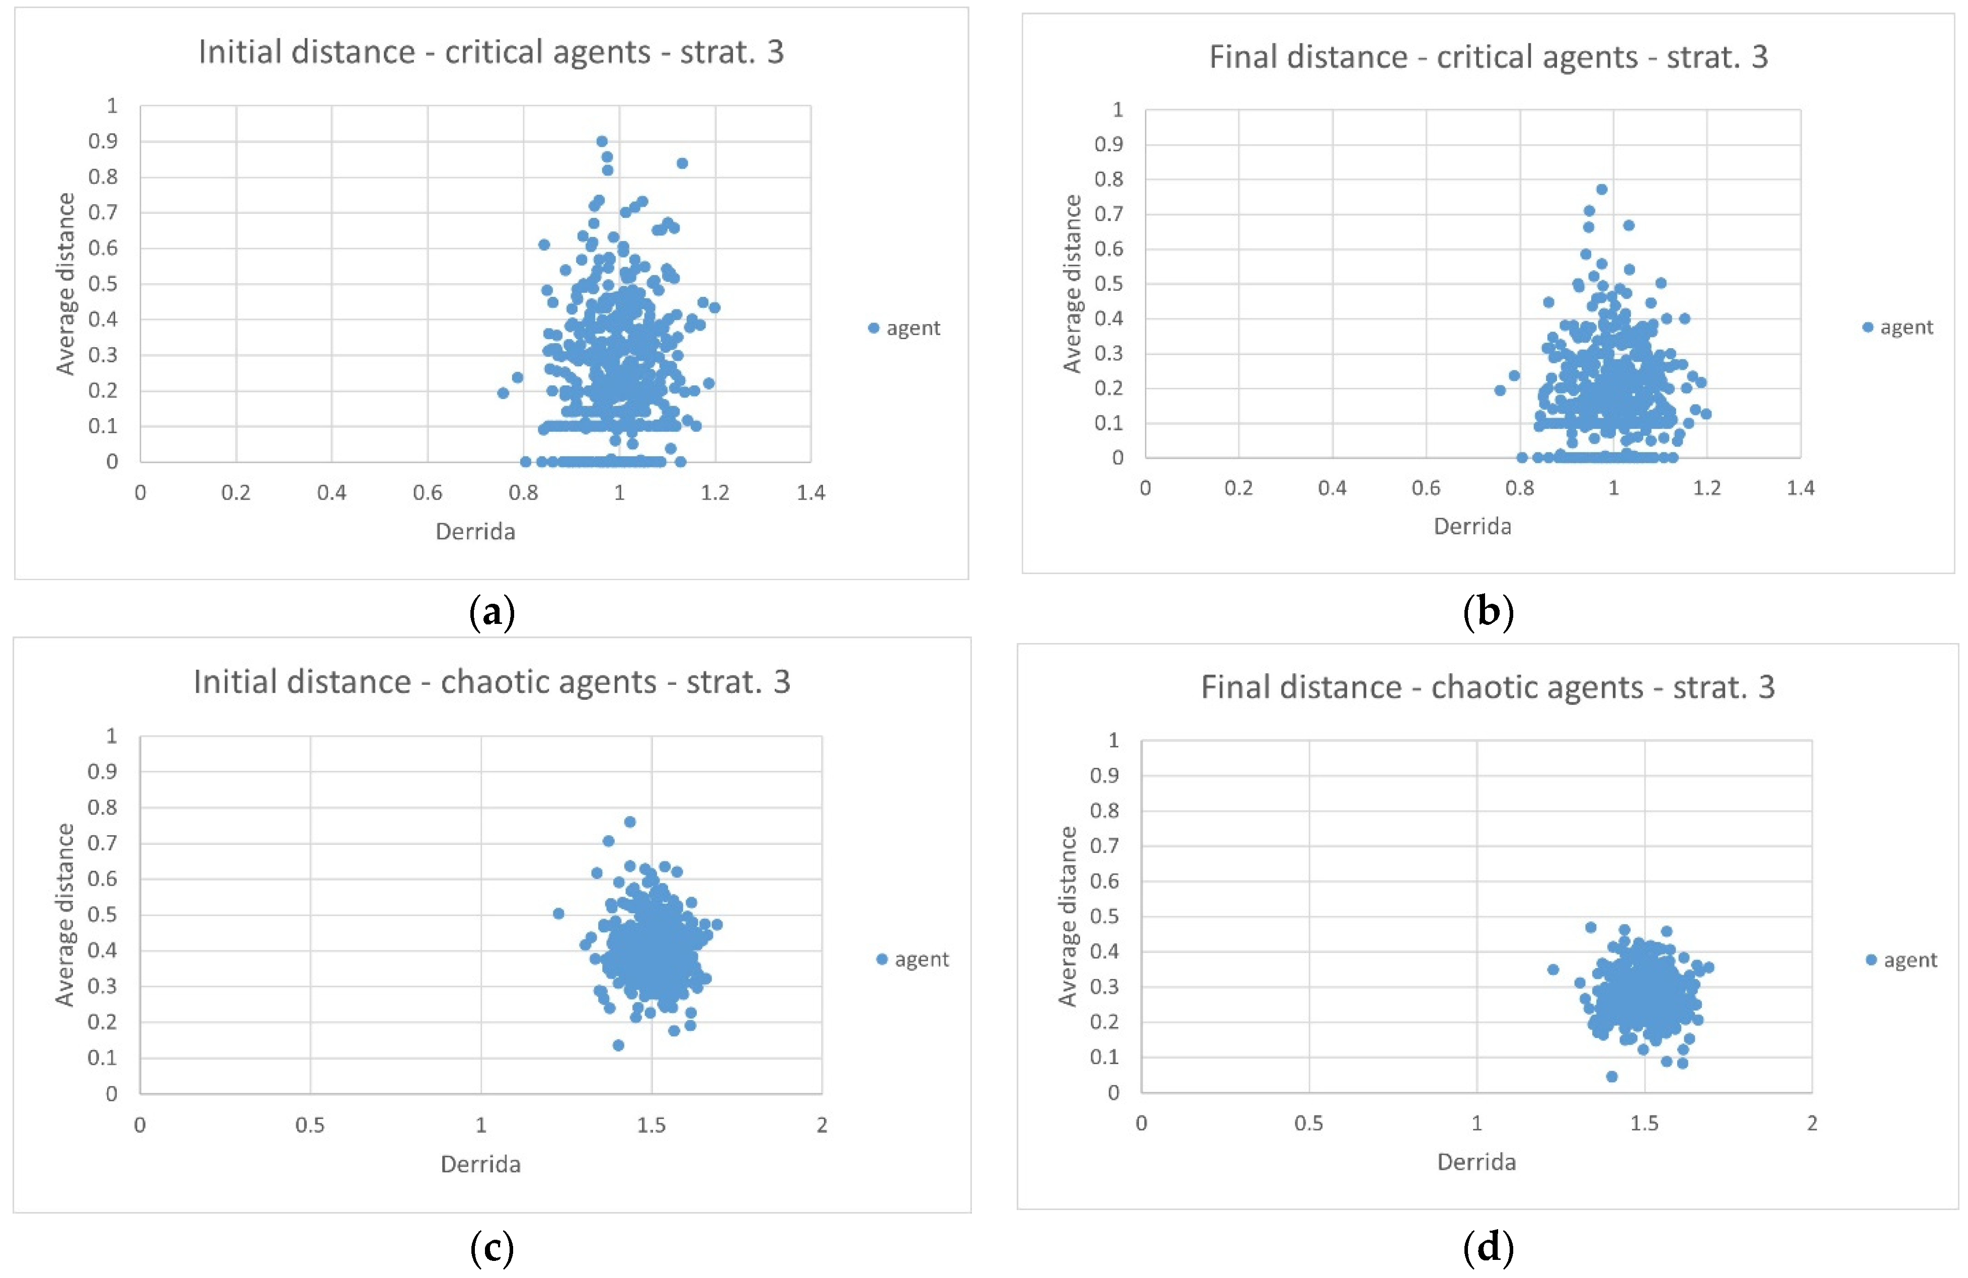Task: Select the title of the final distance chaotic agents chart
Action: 1488,687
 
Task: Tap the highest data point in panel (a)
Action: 602,141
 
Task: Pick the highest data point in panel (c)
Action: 629,822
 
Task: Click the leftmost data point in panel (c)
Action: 558,913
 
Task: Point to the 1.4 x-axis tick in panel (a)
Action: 810,493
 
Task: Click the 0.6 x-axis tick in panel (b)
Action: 1426,488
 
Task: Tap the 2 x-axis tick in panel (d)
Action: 1812,1124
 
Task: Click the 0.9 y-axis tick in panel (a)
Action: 103,141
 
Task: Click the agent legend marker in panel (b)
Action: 1867,328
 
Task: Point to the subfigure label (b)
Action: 1488,613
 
